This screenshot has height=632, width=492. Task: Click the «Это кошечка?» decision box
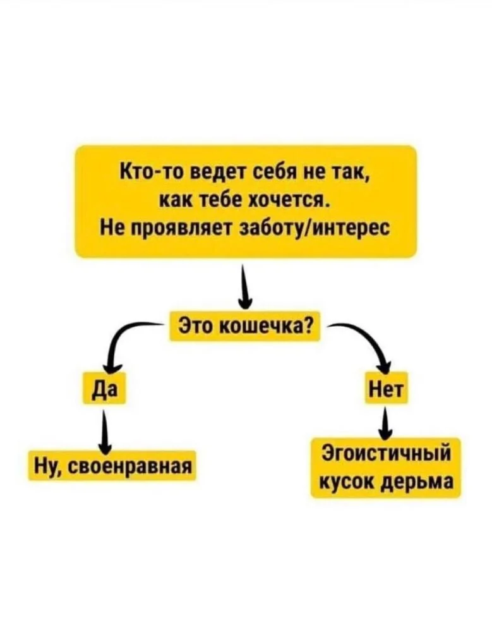[246, 327]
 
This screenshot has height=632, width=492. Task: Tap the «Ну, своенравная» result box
[111, 466]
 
